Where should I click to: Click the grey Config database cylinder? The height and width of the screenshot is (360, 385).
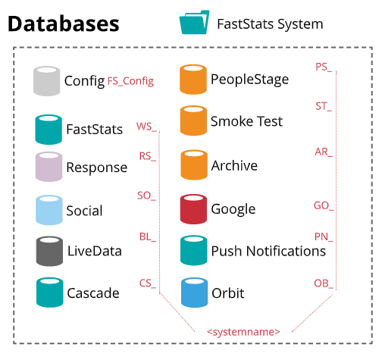point(47,81)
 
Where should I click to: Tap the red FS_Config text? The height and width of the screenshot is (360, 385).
point(130,81)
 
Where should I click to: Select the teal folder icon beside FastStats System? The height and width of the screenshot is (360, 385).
point(194,22)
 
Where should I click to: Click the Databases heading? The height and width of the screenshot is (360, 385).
point(64,23)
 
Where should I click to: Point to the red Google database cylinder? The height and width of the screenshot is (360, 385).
point(193,209)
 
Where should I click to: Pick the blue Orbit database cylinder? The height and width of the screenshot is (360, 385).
point(194,293)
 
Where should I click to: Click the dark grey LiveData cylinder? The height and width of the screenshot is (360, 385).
point(49,251)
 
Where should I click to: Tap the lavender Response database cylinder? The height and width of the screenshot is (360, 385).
point(49,167)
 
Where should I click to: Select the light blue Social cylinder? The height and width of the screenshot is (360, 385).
point(49,210)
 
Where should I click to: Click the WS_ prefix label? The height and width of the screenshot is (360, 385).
point(146,127)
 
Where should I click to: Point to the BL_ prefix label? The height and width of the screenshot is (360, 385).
point(148,236)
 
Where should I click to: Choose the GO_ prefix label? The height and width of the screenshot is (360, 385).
point(324,205)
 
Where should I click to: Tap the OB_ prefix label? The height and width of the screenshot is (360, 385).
point(324,283)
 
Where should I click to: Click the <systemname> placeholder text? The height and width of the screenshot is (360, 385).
point(243,331)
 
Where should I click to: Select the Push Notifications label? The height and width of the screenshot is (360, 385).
point(268,251)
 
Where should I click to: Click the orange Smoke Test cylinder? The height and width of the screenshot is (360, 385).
point(193,121)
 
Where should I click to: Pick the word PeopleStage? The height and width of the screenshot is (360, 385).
point(249,80)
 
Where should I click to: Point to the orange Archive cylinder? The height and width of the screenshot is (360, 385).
point(194,164)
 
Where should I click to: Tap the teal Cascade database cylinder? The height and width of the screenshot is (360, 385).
point(50,293)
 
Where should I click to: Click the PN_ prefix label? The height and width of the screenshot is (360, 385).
point(324,237)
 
